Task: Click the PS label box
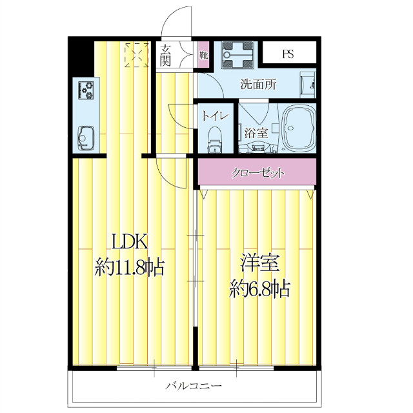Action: [288, 54]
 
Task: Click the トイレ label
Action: [214, 117]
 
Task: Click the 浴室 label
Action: [256, 134]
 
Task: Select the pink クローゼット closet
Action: [257, 173]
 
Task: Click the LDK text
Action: [131, 243]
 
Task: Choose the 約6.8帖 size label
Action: [260, 288]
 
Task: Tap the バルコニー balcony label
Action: [194, 387]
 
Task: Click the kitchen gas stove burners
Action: [86, 90]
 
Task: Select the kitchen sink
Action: [85, 137]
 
